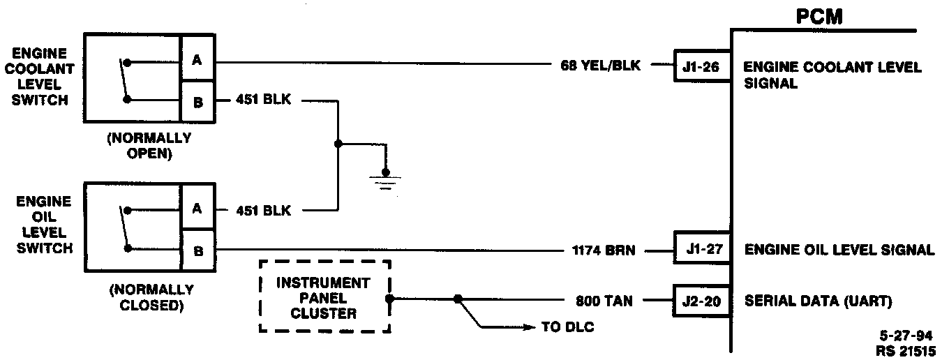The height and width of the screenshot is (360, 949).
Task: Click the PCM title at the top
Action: [819, 17]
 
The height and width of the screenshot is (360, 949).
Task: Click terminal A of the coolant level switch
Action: [197, 61]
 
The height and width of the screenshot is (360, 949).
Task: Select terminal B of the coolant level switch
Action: [197, 102]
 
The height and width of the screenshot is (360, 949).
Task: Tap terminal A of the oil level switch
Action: [197, 209]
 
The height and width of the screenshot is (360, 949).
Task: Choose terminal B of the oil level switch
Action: [197, 250]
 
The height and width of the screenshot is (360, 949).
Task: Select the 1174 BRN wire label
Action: [604, 249]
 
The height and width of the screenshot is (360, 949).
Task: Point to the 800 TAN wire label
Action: [604, 302]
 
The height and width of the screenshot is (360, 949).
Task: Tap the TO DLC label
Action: [568, 327]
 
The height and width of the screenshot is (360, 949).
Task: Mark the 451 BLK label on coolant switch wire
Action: [263, 101]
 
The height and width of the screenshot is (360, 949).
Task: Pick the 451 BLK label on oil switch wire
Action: [263, 210]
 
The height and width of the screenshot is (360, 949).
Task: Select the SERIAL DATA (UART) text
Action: [819, 302]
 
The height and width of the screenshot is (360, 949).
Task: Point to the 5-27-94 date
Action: [906, 336]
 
